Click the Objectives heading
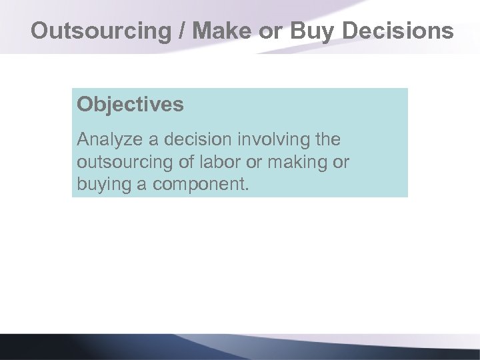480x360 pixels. click(130, 105)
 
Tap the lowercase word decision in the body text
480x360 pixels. click(190, 141)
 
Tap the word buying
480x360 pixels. click(105, 185)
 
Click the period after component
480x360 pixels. click(247, 189)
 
